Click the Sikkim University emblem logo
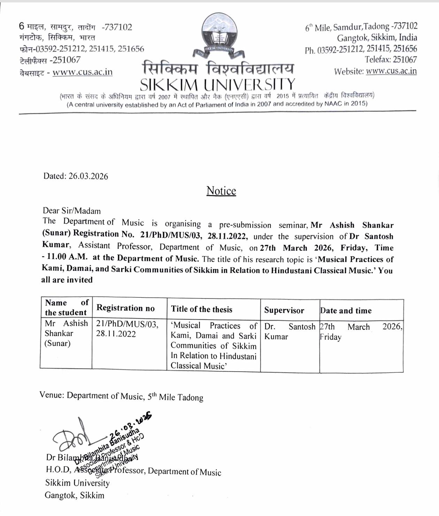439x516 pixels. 218,35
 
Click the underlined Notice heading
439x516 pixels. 221,191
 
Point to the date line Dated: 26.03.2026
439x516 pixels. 76,176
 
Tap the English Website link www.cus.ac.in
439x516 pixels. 391,71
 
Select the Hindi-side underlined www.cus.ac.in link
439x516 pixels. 83,72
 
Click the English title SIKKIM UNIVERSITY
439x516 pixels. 217,85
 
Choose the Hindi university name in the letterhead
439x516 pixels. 218,68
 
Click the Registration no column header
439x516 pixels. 125,308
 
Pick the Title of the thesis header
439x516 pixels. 201,309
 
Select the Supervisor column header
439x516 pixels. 284,310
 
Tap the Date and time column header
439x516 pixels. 346,311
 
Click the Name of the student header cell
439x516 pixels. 66,308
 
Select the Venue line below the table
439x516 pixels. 121,396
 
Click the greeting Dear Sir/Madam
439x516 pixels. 71,211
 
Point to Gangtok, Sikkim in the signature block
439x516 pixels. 74,495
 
